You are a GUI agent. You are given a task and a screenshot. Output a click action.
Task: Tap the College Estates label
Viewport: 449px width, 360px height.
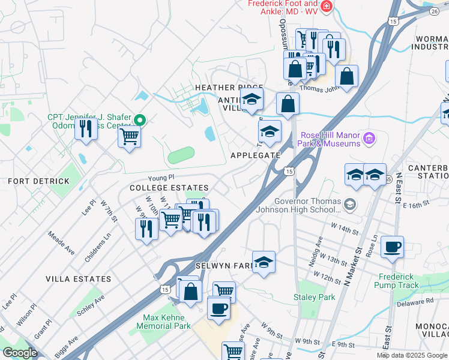169,188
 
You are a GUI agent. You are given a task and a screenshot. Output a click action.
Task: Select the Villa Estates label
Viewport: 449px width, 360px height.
79,279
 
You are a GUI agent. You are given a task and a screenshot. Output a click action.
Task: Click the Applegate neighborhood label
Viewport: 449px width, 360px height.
256,155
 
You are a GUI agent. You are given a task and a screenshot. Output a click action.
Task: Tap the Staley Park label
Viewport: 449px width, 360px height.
314,297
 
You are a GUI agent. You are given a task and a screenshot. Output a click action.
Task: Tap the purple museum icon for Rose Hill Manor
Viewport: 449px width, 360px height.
370,139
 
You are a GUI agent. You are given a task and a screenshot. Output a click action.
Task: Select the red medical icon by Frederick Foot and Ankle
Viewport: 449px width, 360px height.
327,7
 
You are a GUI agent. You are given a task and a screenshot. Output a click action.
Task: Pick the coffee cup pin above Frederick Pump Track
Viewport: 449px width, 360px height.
392,247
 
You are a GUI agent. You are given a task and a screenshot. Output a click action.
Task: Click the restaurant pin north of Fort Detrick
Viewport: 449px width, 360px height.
86,127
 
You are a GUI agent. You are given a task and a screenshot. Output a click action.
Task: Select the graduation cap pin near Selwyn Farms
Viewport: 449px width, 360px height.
263,262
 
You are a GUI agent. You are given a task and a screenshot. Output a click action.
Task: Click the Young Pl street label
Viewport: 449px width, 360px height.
161,178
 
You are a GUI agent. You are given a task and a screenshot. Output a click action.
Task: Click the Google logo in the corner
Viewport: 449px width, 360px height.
20,352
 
